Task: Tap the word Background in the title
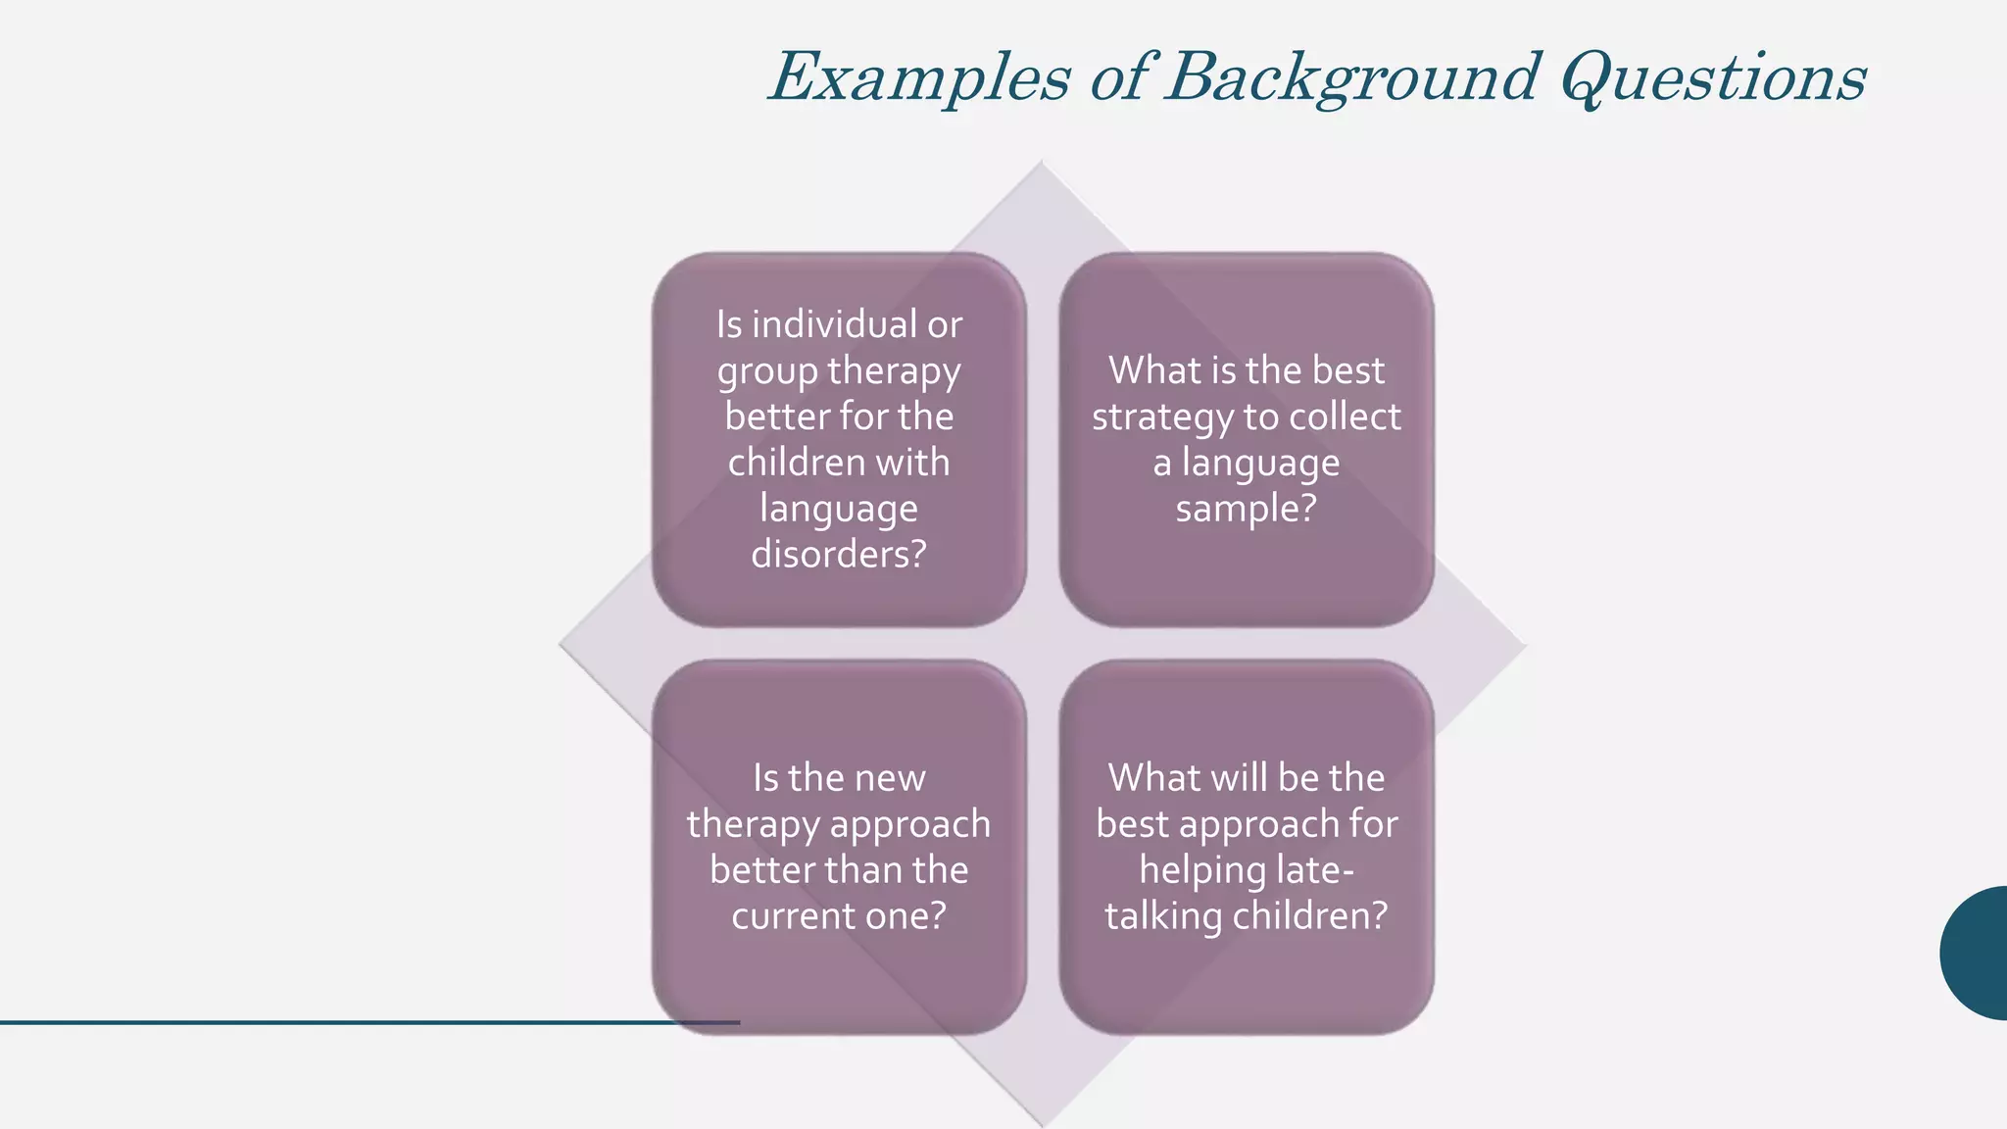pyautogui.click(x=1352, y=78)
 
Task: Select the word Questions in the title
pyautogui.click(x=1715, y=78)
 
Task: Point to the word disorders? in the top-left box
pyautogui.click(x=839, y=555)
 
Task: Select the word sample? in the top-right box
pyautogui.click(x=1246, y=510)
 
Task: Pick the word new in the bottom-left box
pyautogui.click(x=889, y=778)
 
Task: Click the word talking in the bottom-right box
pyautogui.click(x=1163, y=916)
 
